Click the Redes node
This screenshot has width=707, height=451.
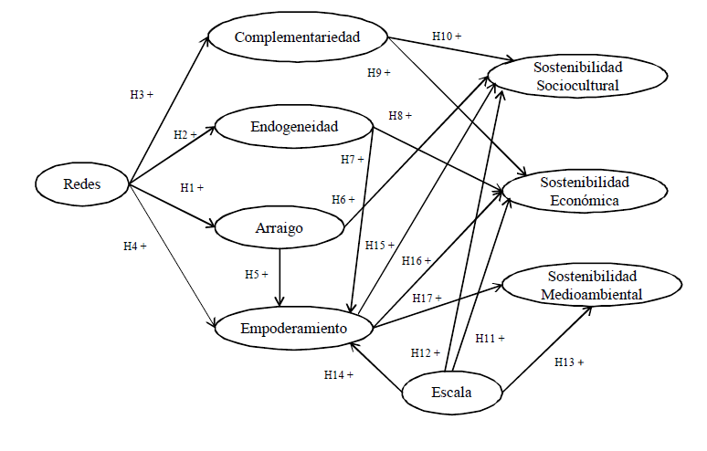(x=82, y=184)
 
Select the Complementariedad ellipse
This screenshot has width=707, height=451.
(x=298, y=37)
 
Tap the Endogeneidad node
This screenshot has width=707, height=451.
(x=294, y=127)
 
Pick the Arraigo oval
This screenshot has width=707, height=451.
(x=279, y=228)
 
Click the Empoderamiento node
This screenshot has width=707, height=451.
(x=294, y=329)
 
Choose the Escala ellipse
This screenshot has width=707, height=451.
(x=453, y=393)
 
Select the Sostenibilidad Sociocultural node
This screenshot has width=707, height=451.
(x=577, y=77)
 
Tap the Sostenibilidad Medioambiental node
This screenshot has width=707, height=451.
(x=591, y=285)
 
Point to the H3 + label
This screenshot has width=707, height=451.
(x=142, y=93)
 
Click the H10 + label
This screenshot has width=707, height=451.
(x=447, y=36)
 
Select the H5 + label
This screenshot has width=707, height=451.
(x=257, y=274)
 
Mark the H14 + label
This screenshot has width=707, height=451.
(x=338, y=374)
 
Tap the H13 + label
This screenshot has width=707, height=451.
(x=569, y=362)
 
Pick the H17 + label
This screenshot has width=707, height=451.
(x=427, y=298)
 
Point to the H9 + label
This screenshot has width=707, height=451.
(x=378, y=71)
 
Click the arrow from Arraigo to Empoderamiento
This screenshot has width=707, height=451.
(x=280, y=278)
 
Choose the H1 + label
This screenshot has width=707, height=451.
(x=192, y=187)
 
